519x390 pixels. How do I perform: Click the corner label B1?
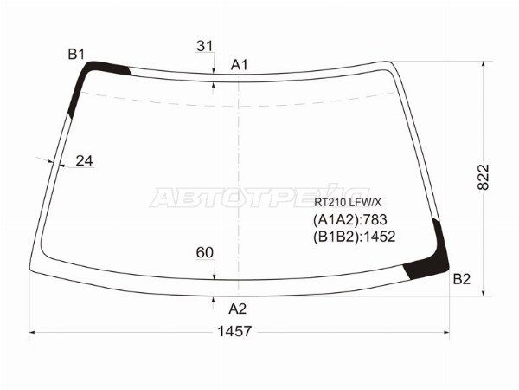76,54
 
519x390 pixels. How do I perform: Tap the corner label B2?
461,279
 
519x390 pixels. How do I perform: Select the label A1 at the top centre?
239,65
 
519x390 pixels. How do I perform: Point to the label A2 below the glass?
237,309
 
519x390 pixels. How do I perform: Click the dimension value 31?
204,46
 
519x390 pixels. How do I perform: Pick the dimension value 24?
85,161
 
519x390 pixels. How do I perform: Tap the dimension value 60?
204,253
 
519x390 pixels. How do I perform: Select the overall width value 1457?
234,331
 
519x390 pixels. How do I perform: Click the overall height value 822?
484,177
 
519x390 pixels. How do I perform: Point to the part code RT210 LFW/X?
348,202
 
